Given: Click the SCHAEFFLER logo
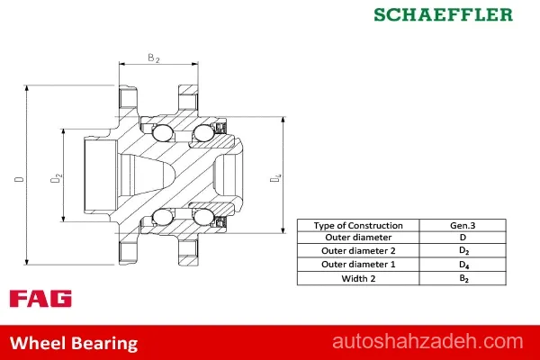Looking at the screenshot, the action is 443,14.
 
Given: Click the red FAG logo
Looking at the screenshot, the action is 40,298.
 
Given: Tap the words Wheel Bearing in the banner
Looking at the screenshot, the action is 74,343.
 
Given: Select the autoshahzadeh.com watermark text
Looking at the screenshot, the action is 427,341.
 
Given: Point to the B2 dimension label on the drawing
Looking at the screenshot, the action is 154,58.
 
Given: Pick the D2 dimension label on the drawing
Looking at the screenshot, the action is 56,178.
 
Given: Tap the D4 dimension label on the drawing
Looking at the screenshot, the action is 275,178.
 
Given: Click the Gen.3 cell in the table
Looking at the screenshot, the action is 463,225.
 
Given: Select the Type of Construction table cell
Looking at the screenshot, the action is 358,225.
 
